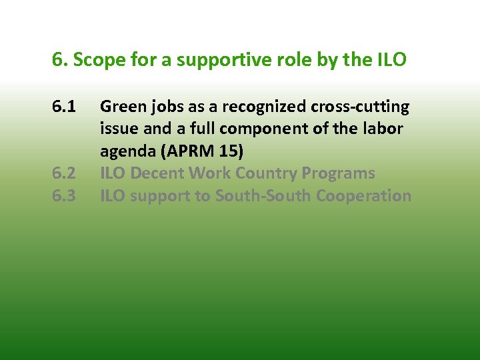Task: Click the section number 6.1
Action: coord(65,107)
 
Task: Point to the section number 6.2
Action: coord(65,174)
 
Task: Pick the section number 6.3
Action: coord(65,196)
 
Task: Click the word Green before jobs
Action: coord(119,107)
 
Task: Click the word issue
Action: coord(117,129)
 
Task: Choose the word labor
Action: coord(383,129)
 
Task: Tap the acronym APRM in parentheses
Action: coord(183,151)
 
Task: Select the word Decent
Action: coord(157,174)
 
